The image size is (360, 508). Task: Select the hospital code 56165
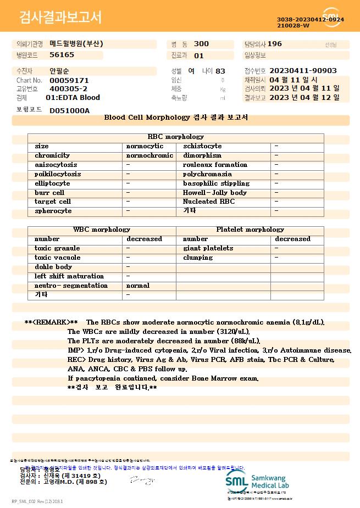62,55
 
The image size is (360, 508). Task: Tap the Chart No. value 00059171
69,80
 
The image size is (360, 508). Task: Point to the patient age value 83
220,71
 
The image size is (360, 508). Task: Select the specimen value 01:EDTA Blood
73,98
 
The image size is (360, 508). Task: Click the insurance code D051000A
69,110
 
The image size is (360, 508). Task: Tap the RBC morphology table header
175,137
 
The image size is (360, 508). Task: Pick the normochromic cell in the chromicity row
149,155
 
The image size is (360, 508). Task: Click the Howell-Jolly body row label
214,193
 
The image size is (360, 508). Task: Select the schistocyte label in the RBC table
202,146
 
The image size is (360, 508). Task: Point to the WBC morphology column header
102,230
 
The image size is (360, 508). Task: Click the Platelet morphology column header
250,230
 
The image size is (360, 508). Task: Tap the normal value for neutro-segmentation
138,286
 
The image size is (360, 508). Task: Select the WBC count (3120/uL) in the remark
231,332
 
